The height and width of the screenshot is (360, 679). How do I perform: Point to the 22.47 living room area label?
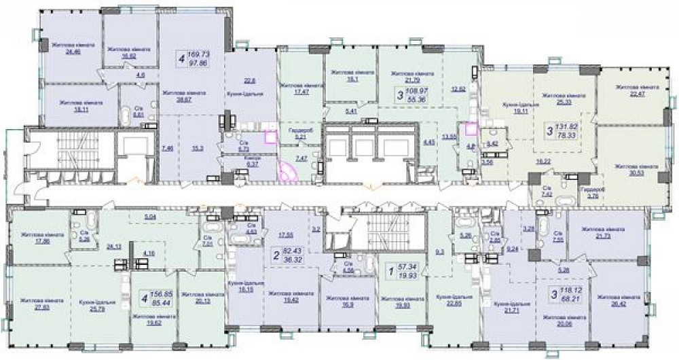click(633, 92)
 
